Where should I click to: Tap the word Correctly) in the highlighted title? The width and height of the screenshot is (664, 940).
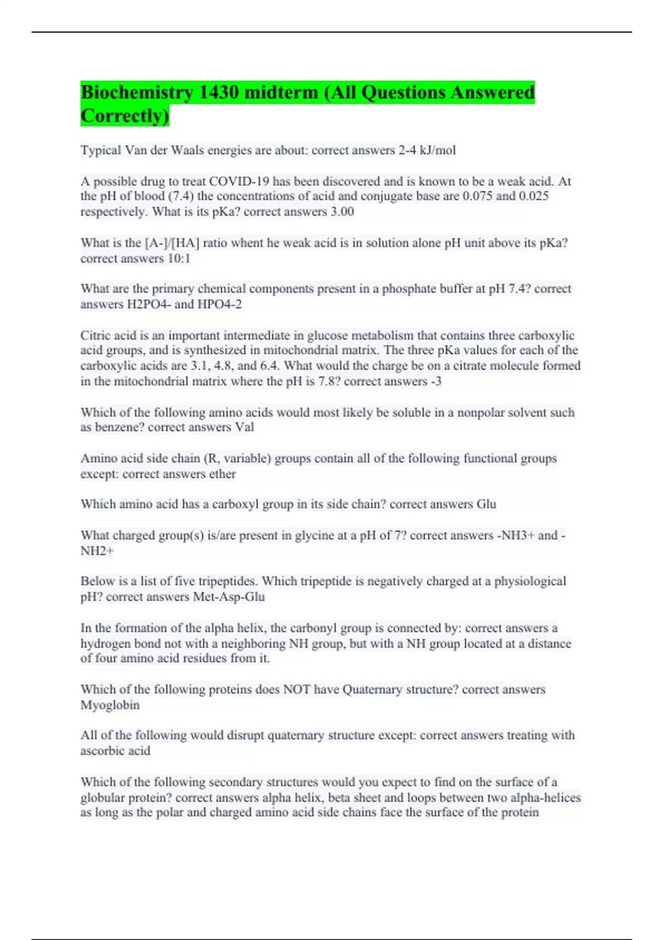tap(124, 116)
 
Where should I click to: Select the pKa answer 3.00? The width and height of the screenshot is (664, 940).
tap(342, 212)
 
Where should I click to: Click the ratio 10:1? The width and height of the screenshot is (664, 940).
tap(178, 259)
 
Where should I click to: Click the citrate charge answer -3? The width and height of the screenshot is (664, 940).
tap(435, 382)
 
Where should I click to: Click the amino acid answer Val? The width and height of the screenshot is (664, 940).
tap(244, 427)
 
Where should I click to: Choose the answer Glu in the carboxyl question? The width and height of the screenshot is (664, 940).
tap(486, 504)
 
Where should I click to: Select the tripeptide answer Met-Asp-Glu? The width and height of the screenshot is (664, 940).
tap(229, 597)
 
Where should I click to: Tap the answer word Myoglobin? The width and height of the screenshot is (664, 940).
tap(110, 706)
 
